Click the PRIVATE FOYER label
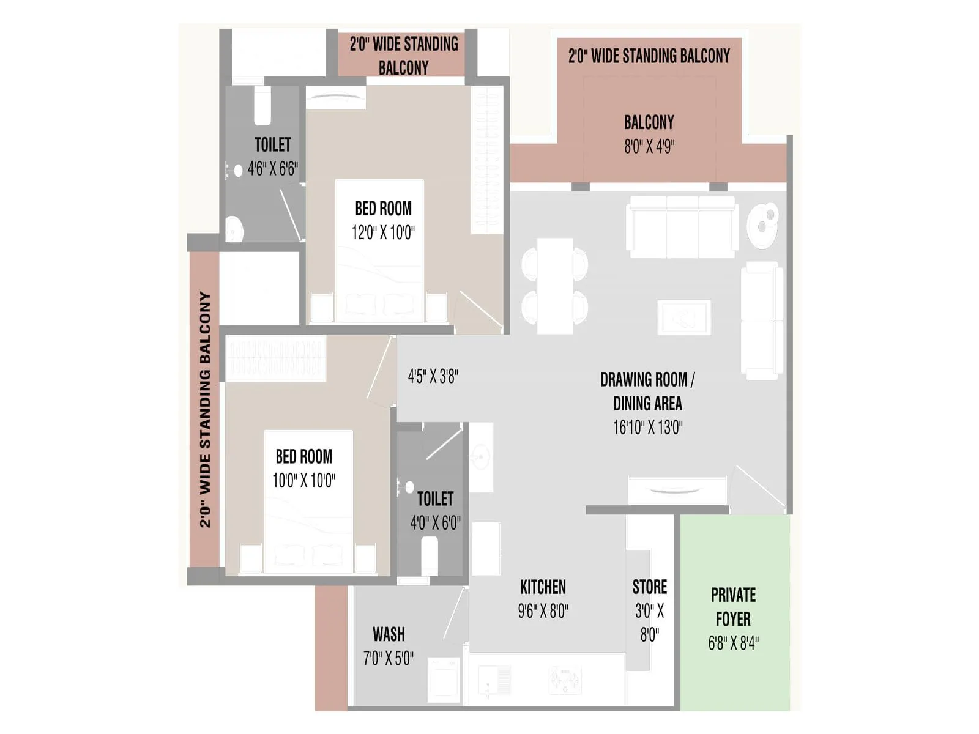(x=733, y=607)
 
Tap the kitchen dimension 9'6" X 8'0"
(x=543, y=611)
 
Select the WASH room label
(x=389, y=634)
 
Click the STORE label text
(x=649, y=587)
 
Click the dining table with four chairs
(x=555, y=286)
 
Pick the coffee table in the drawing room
(x=684, y=317)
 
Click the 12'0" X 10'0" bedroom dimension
(x=383, y=232)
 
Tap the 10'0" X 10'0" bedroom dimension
(x=303, y=481)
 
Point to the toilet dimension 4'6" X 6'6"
(x=272, y=169)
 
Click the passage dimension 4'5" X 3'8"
(x=433, y=376)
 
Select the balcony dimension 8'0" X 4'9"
(x=649, y=147)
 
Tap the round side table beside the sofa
(x=763, y=224)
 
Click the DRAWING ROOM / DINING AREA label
(x=647, y=391)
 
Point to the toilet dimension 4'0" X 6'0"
(x=435, y=523)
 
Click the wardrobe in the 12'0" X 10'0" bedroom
(x=487, y=159)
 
